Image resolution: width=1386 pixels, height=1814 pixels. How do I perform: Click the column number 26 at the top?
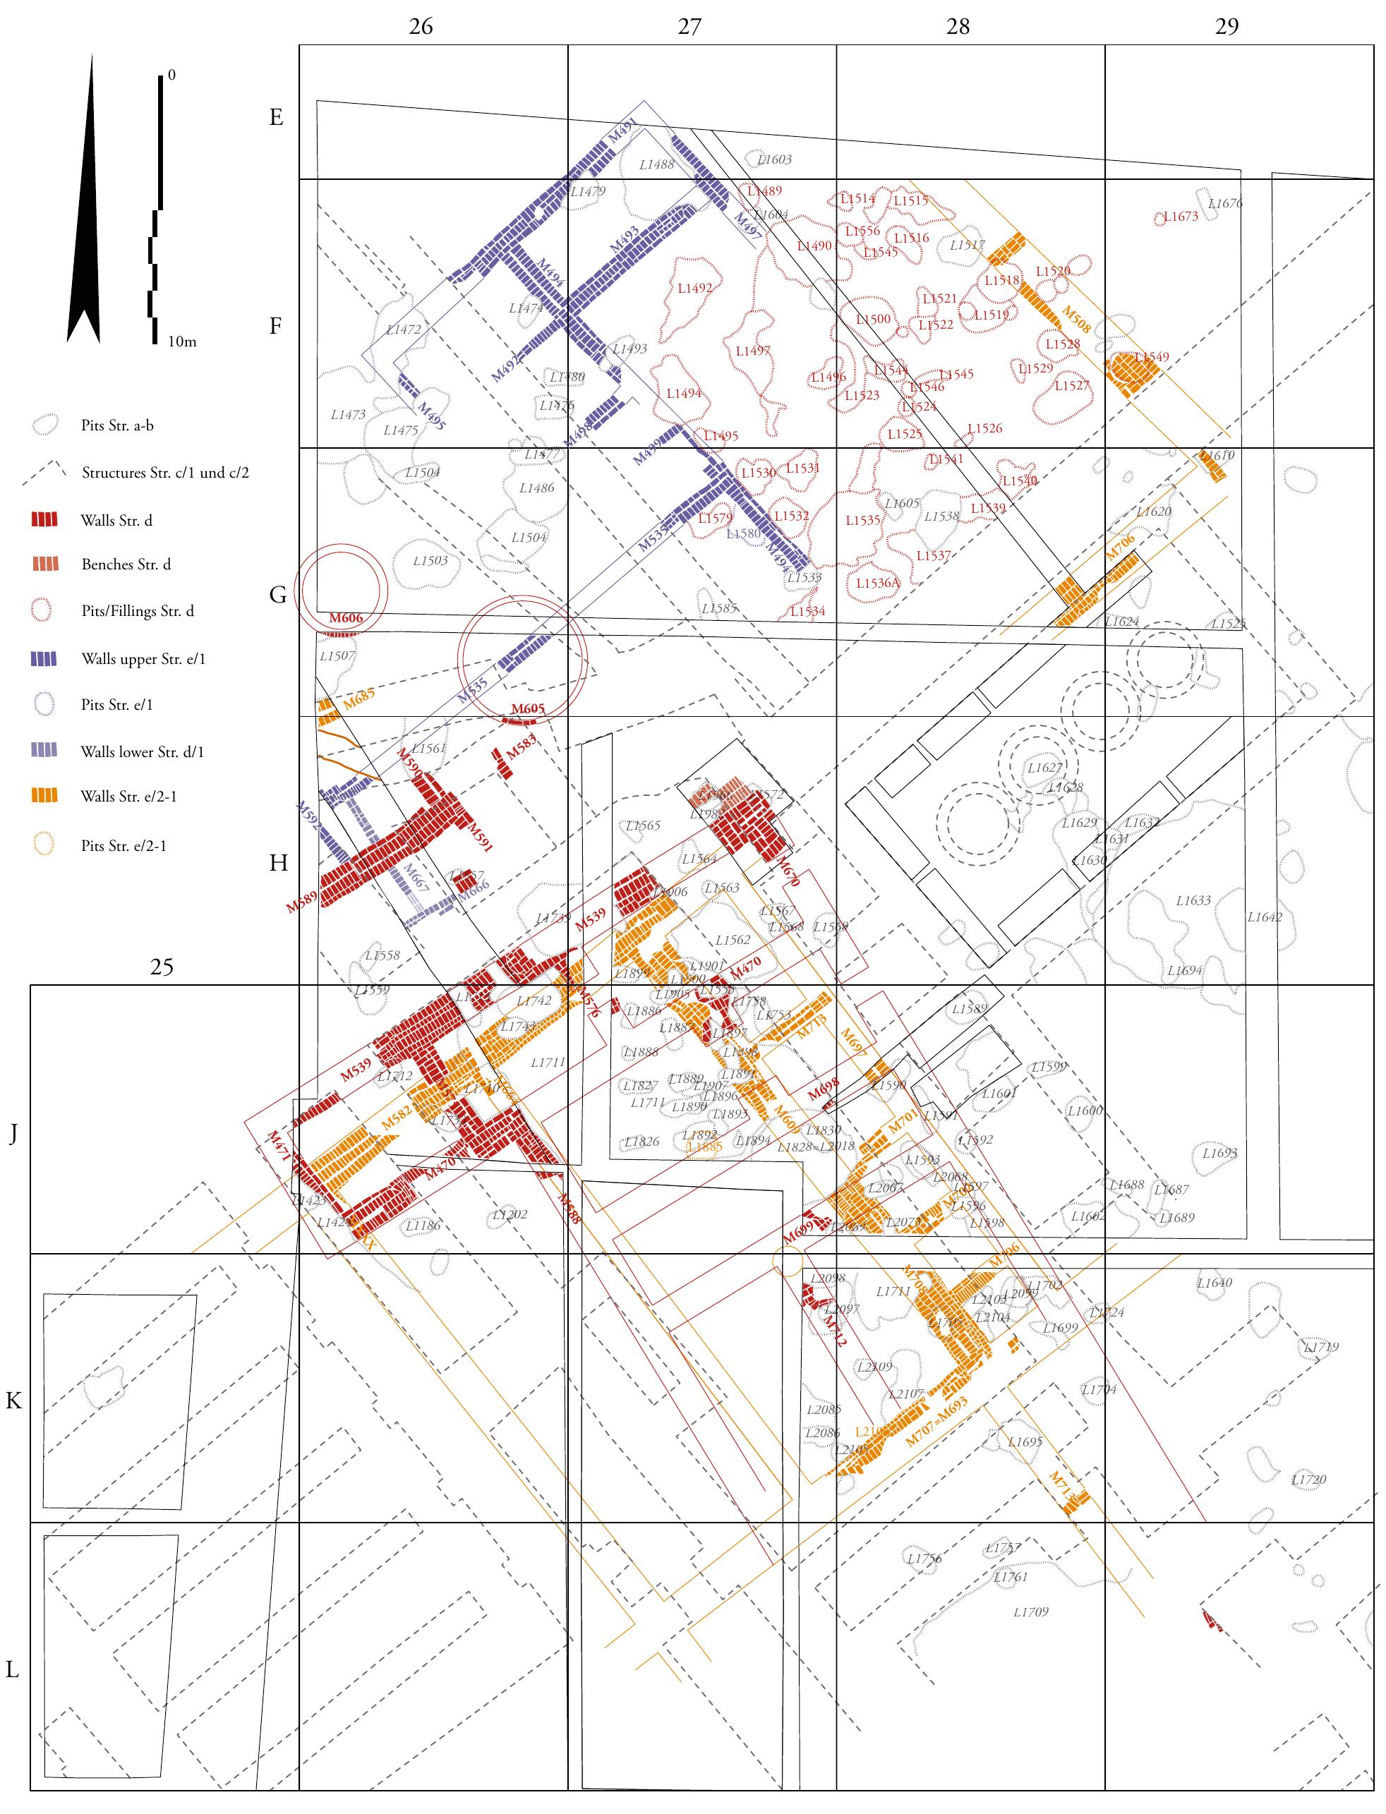click(421, 26)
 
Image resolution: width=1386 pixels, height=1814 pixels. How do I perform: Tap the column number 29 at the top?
click(1227, 26)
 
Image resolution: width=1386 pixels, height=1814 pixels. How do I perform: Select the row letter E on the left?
click(277, 117)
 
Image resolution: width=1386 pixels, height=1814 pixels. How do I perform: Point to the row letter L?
click(13, 1669)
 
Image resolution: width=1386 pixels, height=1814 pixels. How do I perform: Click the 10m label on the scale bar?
click(182, 341)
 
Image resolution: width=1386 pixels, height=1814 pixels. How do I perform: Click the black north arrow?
click(84, 206)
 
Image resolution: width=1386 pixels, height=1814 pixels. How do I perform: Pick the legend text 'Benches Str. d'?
click(126, 565)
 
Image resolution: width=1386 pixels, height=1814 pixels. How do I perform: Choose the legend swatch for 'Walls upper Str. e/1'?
click(44, 658)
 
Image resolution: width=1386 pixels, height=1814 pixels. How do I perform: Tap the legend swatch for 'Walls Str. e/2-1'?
click(44, 796)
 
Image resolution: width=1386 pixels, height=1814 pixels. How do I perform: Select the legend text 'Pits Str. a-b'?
click(117, 425)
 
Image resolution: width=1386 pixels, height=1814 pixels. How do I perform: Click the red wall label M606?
click(346, 618)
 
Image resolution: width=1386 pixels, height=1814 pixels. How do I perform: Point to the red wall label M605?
click(528, 708)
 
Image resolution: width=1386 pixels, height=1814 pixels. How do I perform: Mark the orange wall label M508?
click(1077, 319)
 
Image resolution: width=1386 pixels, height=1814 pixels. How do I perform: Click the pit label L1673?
click(1181, 217)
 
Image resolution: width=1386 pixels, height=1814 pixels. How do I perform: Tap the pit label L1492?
click(694, 289)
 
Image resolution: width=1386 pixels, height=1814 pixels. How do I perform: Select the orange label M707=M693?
click(936, 1421)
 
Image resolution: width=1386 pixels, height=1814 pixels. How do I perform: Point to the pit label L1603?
click(774, 159)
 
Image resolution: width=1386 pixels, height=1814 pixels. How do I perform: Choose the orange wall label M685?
click(359, 699)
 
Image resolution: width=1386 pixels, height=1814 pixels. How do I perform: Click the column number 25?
click(162, 966)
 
